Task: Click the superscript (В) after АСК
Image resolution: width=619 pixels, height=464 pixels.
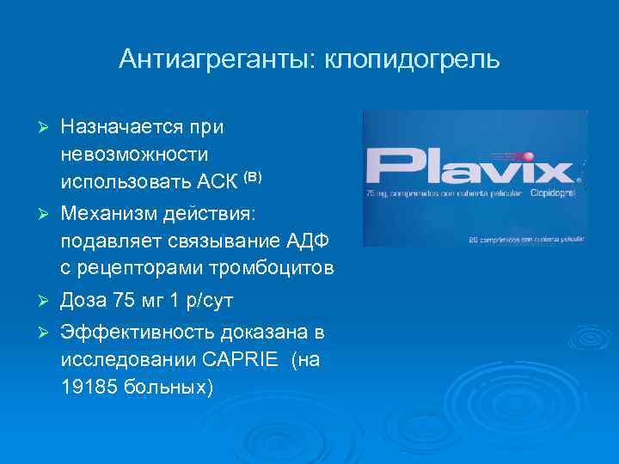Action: (x=252, y=177)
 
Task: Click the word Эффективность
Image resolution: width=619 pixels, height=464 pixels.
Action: (x=137, y=333)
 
